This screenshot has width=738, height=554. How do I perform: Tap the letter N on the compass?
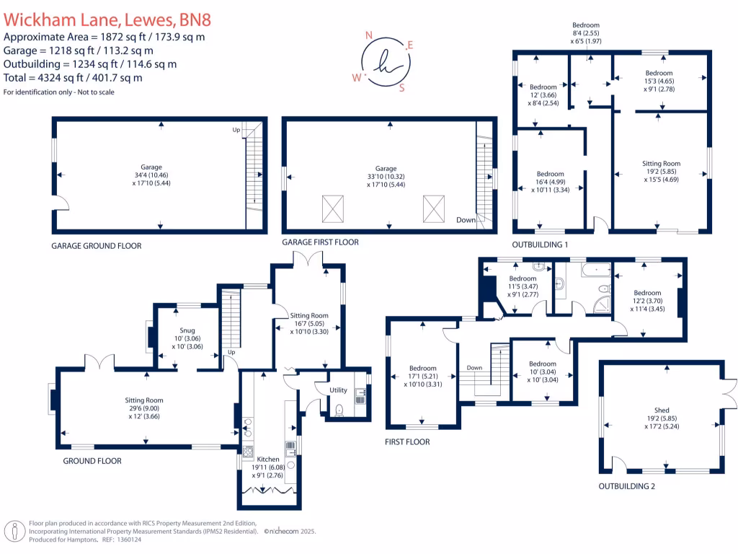click(x=370, y=35)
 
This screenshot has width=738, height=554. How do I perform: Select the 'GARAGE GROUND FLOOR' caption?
click(x=96, y=246)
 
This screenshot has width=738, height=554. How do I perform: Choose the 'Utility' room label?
click(x=338, y=390)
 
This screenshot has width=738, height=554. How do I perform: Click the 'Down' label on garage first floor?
click(x=466, y=220)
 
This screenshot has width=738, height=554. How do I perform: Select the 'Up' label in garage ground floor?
click(x=236, y=130)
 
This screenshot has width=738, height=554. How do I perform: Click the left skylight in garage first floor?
click(x=332, y=209)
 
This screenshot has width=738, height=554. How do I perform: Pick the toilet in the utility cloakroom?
click(x=338, y=411)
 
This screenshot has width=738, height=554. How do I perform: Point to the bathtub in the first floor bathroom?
click(x=592, y=272)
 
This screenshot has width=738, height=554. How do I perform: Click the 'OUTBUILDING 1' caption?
click(x=540, y=245)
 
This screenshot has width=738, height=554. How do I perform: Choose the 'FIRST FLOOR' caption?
click(x=407, y=441)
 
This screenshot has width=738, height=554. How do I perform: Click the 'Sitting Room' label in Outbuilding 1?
click(x=661, y=164)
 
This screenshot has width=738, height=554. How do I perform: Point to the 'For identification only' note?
click(x=58, y=92)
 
